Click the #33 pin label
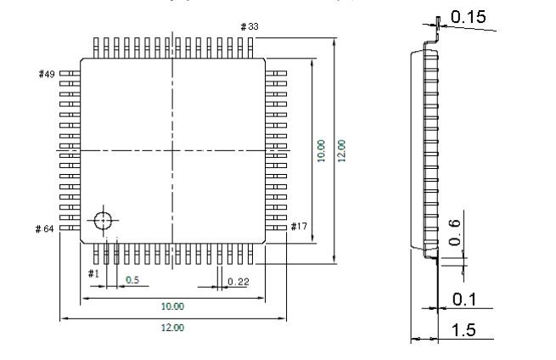[x=250, y=26]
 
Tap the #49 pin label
[x=47, y=74]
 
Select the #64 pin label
[x=45, y=228]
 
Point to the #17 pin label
[x=299, y=227]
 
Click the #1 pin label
[x=93, y=273]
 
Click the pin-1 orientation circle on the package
[x=103, y=220]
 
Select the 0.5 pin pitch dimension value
[x=132, y=280]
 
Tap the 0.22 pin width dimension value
[x=239, y=282]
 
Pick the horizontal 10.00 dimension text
[x=172, y=307]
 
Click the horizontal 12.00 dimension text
[x=172, y=328]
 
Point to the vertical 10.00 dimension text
[x=321, y=151]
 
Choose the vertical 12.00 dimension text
[x=341, y=151]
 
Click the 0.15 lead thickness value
[x=468, y=17]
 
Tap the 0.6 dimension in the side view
[x=454, y=233]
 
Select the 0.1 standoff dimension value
[x=464, y=300]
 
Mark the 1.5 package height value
[x=463, y=329]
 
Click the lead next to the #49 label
[x=70, y=73]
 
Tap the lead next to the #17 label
[x=276, y=228]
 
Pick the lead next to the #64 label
[x=70, y=228]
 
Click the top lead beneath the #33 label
[x=250, y=48]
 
